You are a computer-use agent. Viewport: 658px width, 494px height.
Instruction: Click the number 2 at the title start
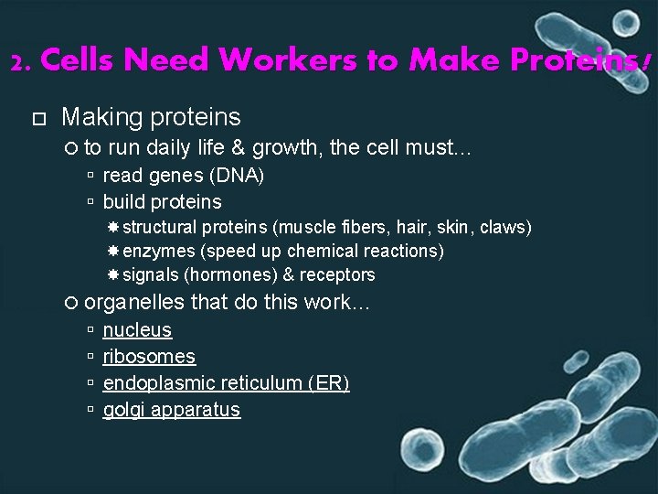[x=18, y=62]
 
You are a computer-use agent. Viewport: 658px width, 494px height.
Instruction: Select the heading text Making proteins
[x=151, y=117]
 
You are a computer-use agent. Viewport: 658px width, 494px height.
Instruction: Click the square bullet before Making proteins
[x=37, y=118]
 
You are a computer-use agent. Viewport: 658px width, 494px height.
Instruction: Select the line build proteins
[x=162, y=201]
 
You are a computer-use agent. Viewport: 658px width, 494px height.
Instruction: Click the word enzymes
[x=159, y=251]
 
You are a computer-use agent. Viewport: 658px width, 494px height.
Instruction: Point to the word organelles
[x=133, y=302]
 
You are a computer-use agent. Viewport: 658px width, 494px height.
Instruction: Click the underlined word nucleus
[x=137, y=330]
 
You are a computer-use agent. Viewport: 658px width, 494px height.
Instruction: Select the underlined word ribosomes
[x=149, y=357]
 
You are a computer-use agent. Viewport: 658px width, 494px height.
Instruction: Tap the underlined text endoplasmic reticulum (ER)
[x=226, y=383]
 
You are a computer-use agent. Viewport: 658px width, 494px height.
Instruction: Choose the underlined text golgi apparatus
[x=171, y=410]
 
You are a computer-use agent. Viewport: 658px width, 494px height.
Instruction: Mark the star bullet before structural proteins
[x=113, y=227]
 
